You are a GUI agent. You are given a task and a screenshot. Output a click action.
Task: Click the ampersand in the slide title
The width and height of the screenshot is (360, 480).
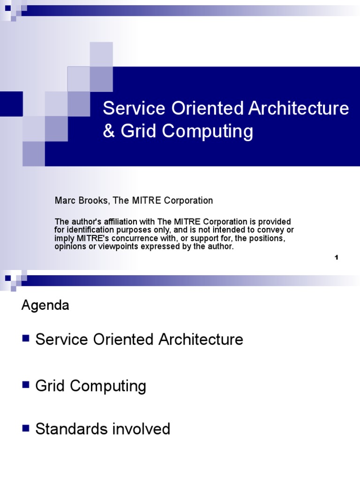pyautogui.click(x=110, y=132)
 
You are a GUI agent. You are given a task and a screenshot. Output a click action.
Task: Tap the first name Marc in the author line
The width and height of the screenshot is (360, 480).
pyautogui.click(x=64, y=201)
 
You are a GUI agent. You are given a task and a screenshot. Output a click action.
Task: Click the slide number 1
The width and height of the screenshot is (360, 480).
pyautogui.click(x=337, y=257)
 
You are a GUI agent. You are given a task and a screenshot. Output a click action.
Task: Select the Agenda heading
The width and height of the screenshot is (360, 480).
pyautogui.click(x=45, y=306)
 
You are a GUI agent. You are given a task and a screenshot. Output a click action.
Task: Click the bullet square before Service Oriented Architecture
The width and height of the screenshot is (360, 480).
pyautogui.click(x=26, y=337)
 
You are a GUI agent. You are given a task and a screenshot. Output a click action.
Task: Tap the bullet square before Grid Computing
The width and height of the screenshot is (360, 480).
pyautogui.click(x=26, y=385)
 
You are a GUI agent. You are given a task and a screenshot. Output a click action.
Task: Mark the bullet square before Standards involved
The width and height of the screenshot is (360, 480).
pyautogui.click(x=26, y=427)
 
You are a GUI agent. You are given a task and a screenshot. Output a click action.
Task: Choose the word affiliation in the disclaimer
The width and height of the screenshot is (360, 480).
pyautogui.click(x=108, y=221)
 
